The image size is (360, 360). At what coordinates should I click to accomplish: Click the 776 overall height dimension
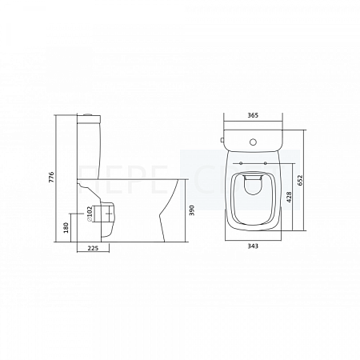51,177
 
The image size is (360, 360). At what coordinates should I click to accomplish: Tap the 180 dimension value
66,227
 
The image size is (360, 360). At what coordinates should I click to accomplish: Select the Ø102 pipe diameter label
90,214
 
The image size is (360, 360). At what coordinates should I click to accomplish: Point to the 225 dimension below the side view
93,248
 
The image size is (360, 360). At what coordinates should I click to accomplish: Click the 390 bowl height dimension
193,210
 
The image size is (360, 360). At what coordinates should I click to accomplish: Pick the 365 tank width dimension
253,115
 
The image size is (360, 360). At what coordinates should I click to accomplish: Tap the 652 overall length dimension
301,180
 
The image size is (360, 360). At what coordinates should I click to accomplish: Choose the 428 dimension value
290,198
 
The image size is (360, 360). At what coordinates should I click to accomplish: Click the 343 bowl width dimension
253,246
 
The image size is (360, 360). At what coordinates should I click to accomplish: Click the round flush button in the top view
253,142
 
